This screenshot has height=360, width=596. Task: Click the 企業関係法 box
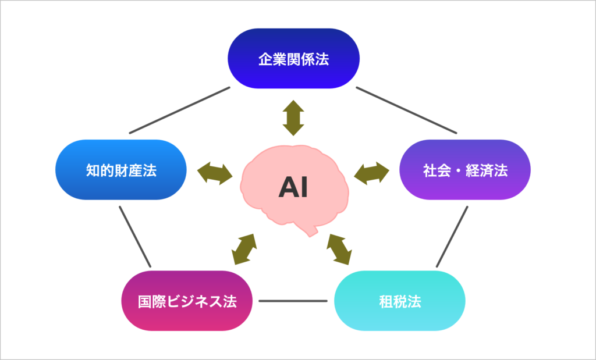coord(293,59)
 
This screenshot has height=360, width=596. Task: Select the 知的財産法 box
coord(121,170)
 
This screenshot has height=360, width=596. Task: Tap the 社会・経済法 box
coord(465,170)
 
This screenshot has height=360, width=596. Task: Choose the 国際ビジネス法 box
coord(187,301)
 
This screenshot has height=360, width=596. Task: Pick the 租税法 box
coord(400,301)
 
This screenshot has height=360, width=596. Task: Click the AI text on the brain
coord(293,188)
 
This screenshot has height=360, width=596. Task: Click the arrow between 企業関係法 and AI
coord(293,117)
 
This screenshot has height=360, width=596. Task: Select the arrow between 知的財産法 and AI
coord(215,173)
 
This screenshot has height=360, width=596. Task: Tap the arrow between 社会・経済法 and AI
coord(371,173)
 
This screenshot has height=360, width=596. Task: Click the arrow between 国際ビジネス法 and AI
coord(244,249)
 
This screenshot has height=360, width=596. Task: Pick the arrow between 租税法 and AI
coord(338,249)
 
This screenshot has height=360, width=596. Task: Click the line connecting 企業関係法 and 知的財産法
coord(179,110)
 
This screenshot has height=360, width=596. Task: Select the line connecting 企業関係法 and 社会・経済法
coord(406,110)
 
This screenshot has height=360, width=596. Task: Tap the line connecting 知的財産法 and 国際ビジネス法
coord(135,237)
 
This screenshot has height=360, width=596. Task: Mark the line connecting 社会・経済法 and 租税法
coord(452,237)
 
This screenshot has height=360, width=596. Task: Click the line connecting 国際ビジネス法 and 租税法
coord(293,301)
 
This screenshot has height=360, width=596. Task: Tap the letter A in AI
coord(288,188)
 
